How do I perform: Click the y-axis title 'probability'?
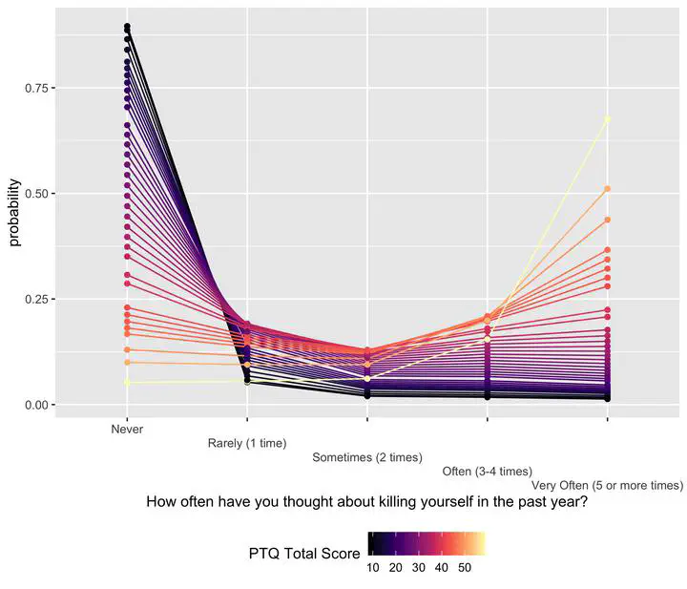(x=14, y=213)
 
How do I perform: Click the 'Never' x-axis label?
(x=127, y=430)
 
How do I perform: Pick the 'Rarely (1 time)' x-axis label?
(x=247, y=444)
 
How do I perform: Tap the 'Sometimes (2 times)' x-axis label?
(x=367, y=458)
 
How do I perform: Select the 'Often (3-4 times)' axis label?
(x=487, y=472)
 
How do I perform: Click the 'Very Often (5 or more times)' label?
(x=608, y=486)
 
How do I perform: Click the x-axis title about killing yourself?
(x=367, y=503)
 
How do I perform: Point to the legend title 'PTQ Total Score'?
(x=303, y=554)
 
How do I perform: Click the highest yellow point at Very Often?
(x=608, y=119)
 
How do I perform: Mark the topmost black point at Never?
(x=127, y=27)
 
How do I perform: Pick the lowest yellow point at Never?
(x=127, y=382)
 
